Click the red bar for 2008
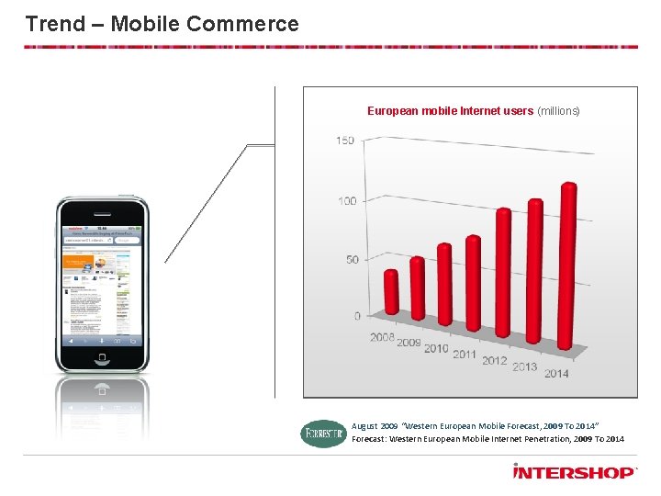391,292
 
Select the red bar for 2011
473,282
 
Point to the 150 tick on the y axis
345,141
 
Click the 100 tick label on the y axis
346,201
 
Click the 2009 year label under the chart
409,343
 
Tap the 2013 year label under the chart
525,366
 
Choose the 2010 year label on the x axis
436,348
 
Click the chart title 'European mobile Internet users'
450,111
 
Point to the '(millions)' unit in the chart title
558,111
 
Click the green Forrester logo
323,433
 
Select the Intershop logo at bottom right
574,472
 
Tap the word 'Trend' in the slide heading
55,24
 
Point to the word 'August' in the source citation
364,426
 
